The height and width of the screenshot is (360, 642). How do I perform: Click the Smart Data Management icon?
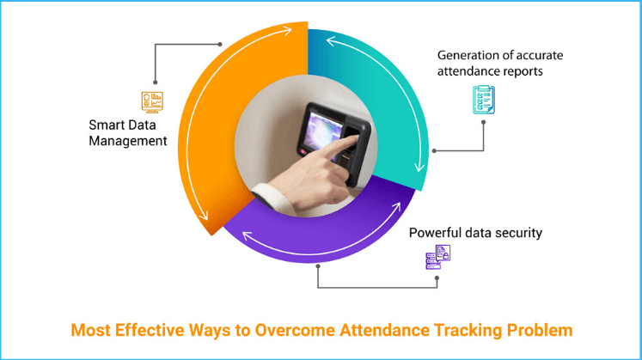[152, 101]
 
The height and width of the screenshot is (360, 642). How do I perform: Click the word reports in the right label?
[519, 71]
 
